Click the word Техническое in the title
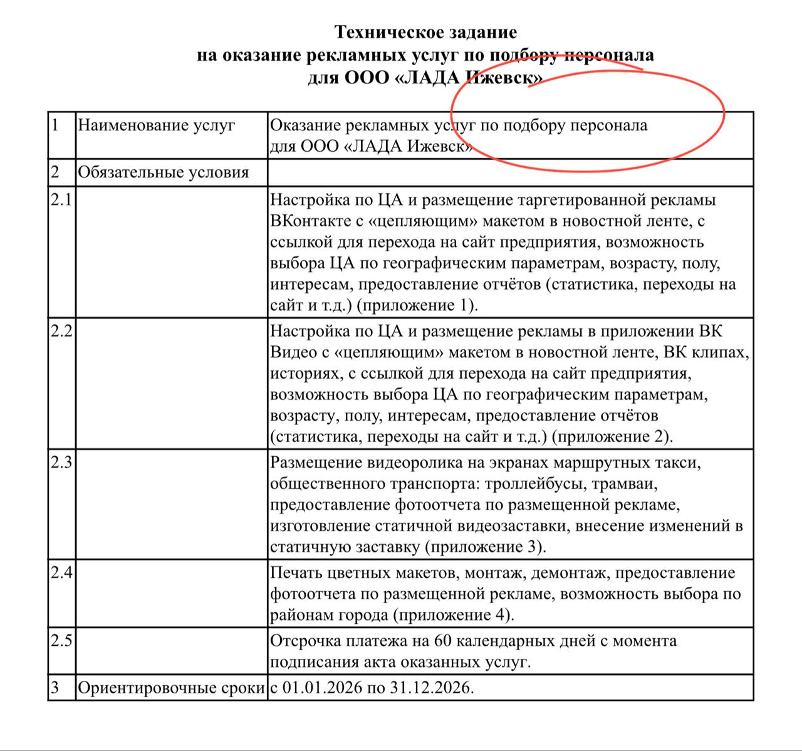(x=381, y=32)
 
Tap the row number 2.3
(x=61, y=463)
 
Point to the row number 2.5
(x=61, y=641)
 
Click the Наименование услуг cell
(x=156, y=125)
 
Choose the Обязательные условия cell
(x=163, y=172)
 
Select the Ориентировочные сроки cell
(x=171, y=688)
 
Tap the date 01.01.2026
(x=322, y=688)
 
